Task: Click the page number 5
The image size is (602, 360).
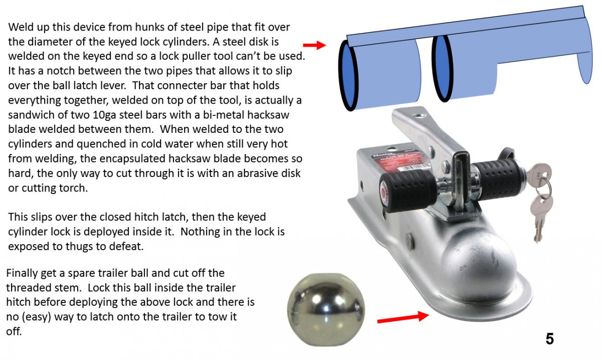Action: (x=550, y=339)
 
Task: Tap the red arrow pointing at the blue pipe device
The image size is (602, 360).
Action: (x=315, y=45)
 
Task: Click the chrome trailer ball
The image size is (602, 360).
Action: (x=326, y=309)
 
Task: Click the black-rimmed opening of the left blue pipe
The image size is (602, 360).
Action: (x=348, y=75)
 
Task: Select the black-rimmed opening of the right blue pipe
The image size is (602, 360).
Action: (x=442, y=69)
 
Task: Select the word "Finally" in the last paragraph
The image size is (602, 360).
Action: (x=22, y=273)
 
